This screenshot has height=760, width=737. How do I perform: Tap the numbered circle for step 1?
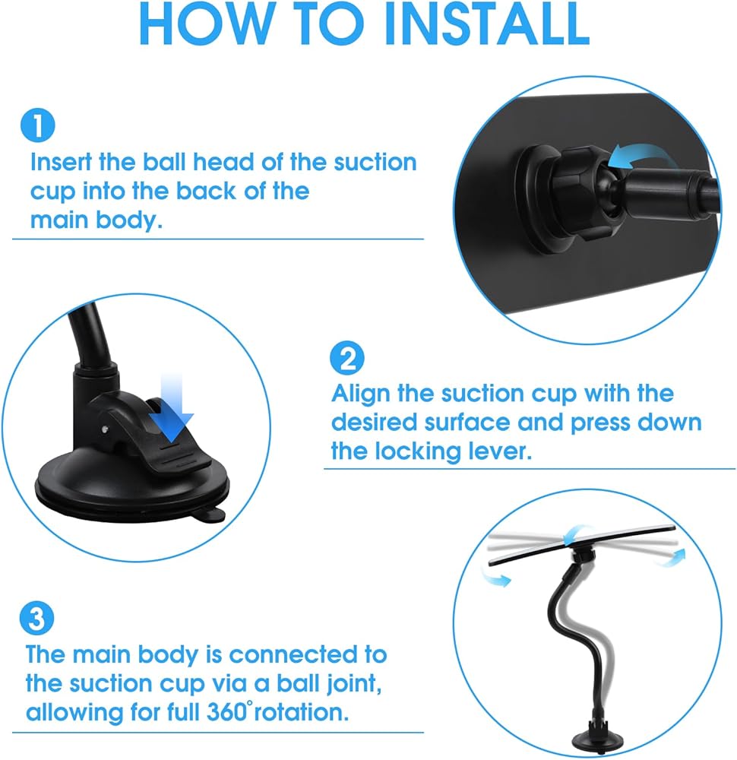[x=38, y=125]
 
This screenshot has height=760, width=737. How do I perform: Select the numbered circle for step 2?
[x=347, y=358]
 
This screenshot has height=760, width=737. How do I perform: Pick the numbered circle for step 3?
[x=36, y=618]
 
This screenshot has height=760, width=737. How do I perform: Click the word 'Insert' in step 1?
[x=61, y=162]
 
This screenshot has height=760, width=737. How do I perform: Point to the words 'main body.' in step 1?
[x=96, y=220]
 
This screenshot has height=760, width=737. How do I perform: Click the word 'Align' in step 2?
[x=361, y=394]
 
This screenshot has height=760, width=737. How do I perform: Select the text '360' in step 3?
[x=226, y=712]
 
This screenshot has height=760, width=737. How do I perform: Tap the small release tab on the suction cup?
[x=210, y=515]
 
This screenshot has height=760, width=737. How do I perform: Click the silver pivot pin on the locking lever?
[x=106, y=429]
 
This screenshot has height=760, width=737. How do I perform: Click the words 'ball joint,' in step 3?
[x=329, y=684]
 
